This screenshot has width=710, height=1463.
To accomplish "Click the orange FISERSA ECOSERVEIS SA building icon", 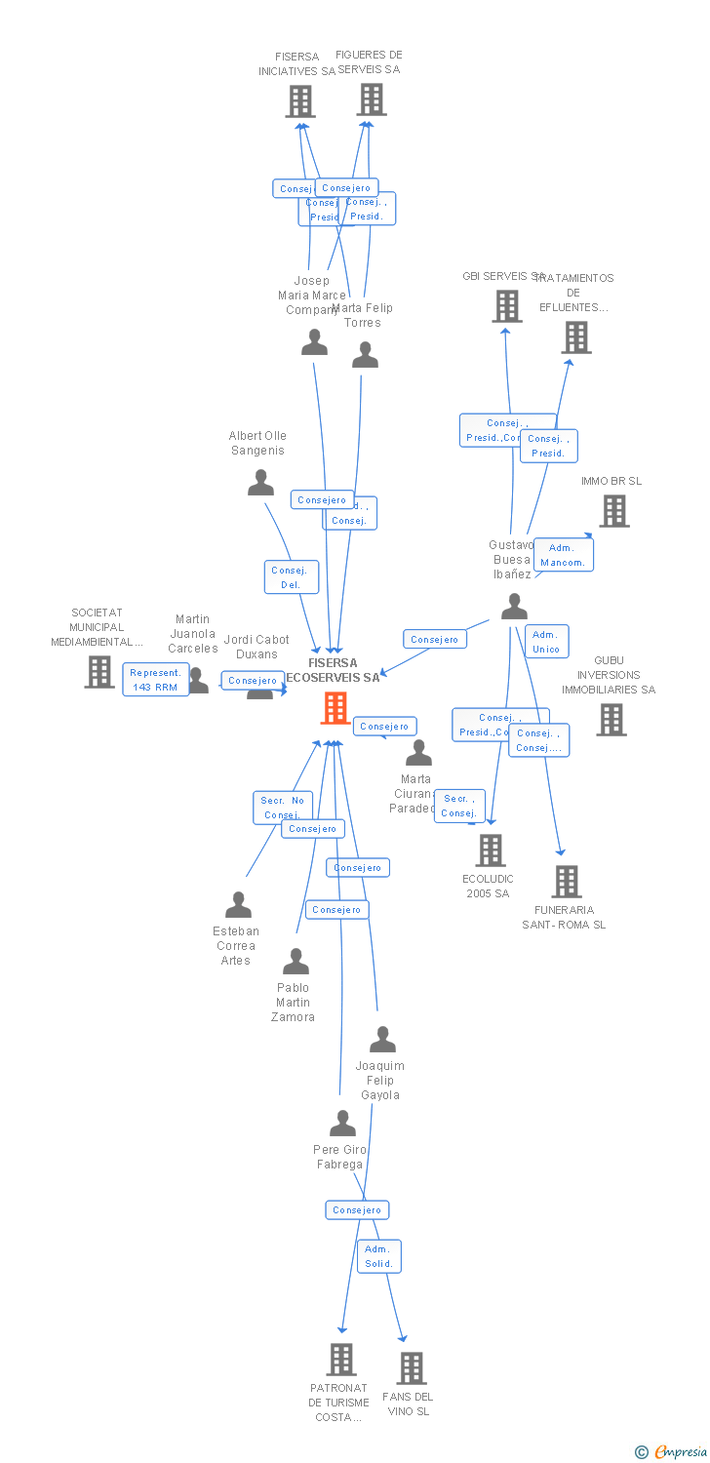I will point(335,708).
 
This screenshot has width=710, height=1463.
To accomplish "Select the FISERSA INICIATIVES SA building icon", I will point(300,101).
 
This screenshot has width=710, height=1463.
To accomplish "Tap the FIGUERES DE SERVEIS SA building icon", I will point(372,99).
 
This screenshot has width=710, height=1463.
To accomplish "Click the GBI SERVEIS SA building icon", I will point(507,306).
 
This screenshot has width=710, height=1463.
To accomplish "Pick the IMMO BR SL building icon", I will point(614,511).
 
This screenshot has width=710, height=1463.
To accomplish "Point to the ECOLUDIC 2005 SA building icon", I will point(491,850).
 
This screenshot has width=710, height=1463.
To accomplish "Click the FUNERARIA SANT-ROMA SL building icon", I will point(567,882).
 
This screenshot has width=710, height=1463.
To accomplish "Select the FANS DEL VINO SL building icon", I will point(412,1368).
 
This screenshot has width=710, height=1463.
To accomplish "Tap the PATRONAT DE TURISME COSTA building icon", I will point(341,1359).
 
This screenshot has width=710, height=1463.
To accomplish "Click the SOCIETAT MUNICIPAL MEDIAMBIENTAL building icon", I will point(99,672).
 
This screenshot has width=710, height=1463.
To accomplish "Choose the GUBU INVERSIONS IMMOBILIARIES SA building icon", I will point(611,720).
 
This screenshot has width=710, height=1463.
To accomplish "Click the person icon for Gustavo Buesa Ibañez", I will point(514,607).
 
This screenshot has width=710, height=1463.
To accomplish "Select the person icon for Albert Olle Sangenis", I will point(260,483).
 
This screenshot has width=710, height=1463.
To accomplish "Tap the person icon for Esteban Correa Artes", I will point(238,905).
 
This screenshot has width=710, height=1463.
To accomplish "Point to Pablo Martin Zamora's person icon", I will point(296,962).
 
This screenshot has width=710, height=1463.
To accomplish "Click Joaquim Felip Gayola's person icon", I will point(383,1040).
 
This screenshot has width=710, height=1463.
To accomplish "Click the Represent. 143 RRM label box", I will point(156,680).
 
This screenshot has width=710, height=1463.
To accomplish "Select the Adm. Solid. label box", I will point(378,1256).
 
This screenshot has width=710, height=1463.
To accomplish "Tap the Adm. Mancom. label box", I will point(563,555).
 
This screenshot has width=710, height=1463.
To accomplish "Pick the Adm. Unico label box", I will point(546,642).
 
